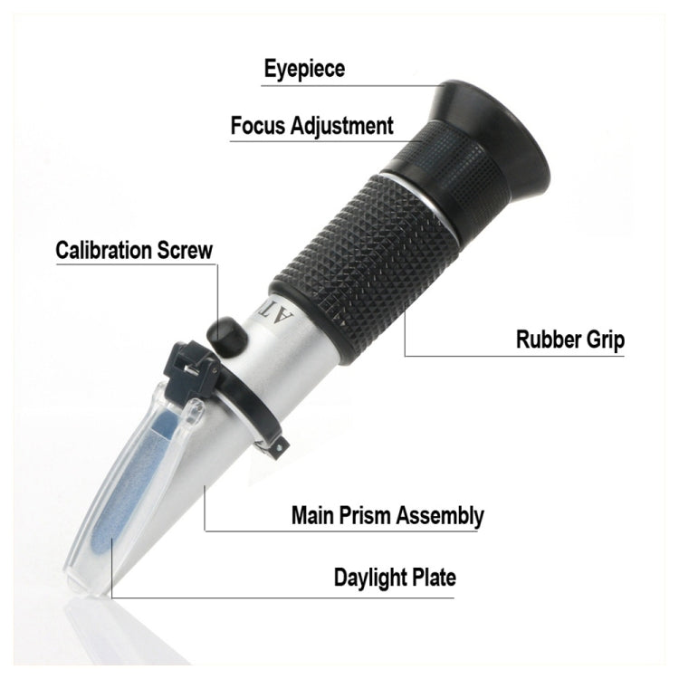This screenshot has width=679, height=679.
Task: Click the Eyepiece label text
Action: click(x=304, y=69)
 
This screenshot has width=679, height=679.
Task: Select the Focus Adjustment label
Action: click(x=311, y=126)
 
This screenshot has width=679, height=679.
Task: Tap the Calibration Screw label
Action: click(x=134, y=250)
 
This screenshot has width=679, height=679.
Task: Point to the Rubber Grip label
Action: click(x=569, y=340)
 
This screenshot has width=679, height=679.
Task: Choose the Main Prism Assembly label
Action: click(x=387, y=516)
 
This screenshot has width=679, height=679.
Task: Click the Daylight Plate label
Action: click(x=395, y=577)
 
